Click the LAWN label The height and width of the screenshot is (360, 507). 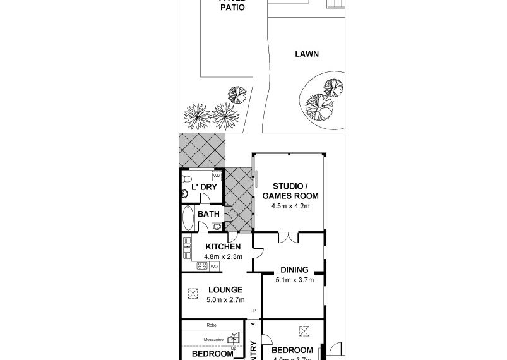click(306, 54)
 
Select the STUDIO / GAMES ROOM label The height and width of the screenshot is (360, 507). click(290, 191)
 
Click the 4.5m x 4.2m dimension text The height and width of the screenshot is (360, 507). click(290, 205)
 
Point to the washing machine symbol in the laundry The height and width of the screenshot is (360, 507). click(217, 176)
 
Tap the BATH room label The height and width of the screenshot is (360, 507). click(208, 214)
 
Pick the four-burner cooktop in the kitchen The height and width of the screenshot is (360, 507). click(203, 267)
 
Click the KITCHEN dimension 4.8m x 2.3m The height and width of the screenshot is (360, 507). click(222, 256)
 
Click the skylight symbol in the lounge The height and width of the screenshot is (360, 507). click(192, 293)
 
